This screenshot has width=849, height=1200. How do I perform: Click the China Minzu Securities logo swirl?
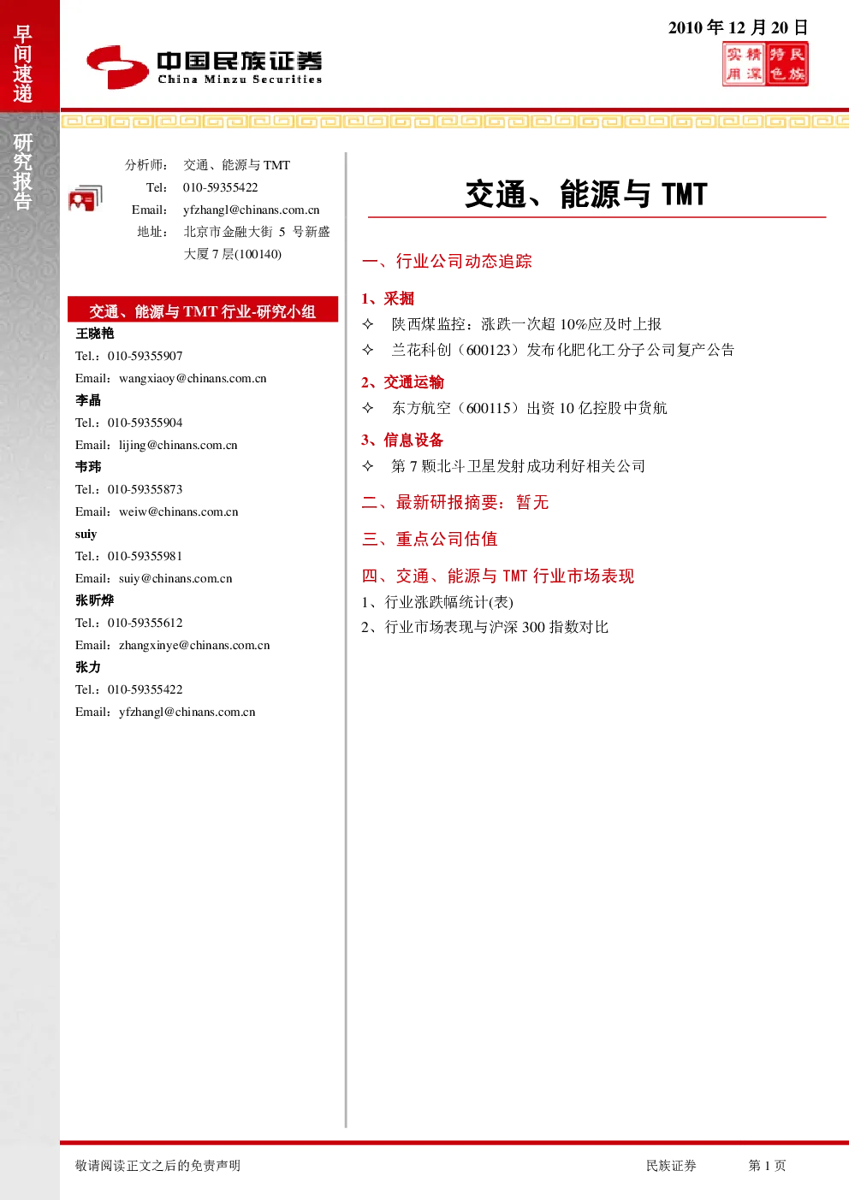[117, 67]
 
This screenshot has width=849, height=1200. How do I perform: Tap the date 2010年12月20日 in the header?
[738, 27]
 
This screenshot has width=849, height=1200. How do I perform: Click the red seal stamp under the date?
[765, 64]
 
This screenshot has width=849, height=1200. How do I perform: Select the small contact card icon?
[86, 198]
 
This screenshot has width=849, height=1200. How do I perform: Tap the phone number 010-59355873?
[145, 489]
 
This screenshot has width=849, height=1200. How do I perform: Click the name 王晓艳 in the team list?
[94, 334]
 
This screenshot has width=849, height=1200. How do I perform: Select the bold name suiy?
[86, 534]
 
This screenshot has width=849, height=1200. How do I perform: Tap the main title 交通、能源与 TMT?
[586, 194]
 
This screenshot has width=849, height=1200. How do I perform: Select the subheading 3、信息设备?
[402, 440]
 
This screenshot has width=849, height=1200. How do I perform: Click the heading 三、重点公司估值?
[430, 539]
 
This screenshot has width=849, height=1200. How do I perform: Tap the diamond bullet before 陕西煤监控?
[368, 323]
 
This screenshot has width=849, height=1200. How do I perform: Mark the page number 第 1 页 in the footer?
[767, 1165]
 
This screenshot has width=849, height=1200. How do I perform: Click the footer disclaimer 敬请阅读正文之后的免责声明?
[157, 1165]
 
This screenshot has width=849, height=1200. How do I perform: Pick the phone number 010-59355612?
[145, 623]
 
